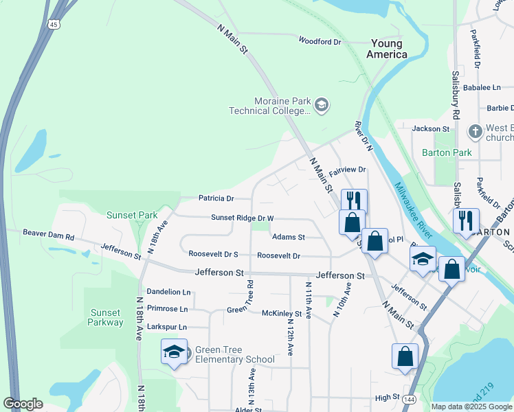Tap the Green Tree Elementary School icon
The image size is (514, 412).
(x=175, y=352)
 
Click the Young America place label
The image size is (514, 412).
(x=386, y=48)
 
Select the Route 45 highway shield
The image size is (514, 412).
(x=53, y=24)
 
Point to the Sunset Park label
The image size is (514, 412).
(x=132, y=215)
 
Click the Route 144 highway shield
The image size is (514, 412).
(x=410, y=398)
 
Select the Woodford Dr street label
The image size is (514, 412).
(x=320, y=41)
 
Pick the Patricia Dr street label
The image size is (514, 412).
(x=216, y=198)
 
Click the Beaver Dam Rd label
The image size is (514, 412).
(x=48, y=235)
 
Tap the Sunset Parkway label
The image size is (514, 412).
(x=106, y=317)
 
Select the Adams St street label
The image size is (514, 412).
(x=288, y=237)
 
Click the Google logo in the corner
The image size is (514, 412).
(x=23, y=404)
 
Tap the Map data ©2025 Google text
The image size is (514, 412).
(x=471, y=407)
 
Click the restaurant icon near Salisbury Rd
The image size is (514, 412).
(x=466, y=221)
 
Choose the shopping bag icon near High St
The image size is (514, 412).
(x=405, y=356)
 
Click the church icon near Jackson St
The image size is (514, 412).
(x=474, y=130)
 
